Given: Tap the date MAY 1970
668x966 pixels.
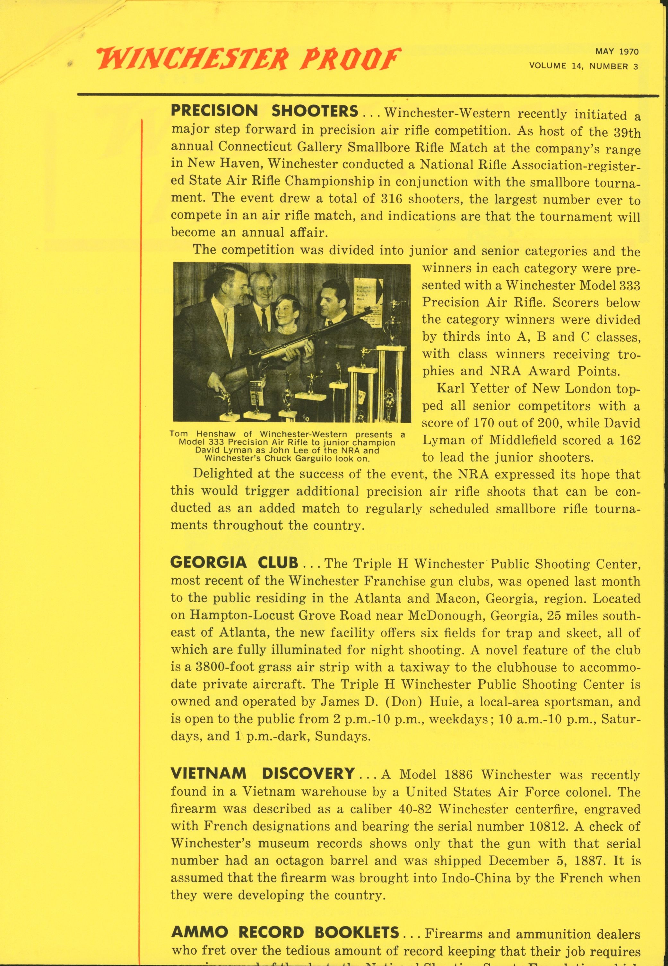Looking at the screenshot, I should pyautogui.click(x=617, y=52).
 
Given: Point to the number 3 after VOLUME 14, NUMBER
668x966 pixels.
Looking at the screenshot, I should pyautogui.click(x=635, y=66).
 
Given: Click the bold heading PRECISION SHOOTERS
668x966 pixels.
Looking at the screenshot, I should pyautogui.click(x=265, y=111).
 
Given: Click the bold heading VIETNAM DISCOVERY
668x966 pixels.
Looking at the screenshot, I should pyautogui.click(x=263, y=773).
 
